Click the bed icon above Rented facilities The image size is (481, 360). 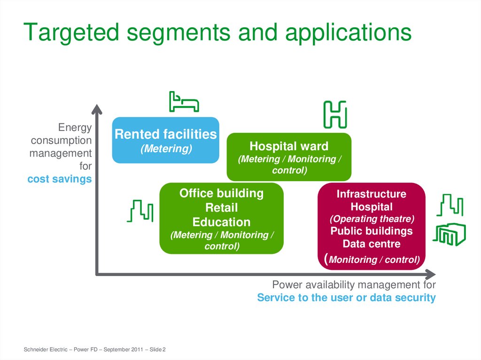(183, 101)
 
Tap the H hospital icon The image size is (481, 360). (334, 114)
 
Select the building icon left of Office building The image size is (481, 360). (140, 211)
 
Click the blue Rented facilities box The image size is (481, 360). (165, 140)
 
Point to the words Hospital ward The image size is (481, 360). (289, 146)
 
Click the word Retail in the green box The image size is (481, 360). (222, 207)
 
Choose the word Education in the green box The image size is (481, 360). (222, 222)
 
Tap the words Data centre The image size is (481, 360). (372, 244)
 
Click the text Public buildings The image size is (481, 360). (372, 231)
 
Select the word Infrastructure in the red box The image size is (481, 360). (372, 194)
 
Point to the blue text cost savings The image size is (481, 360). (60, 179)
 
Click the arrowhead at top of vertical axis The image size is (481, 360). (96, 110)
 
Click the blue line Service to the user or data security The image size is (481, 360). (346, 298)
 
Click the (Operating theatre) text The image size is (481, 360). (372, 219)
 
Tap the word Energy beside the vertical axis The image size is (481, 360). (75, 128)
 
